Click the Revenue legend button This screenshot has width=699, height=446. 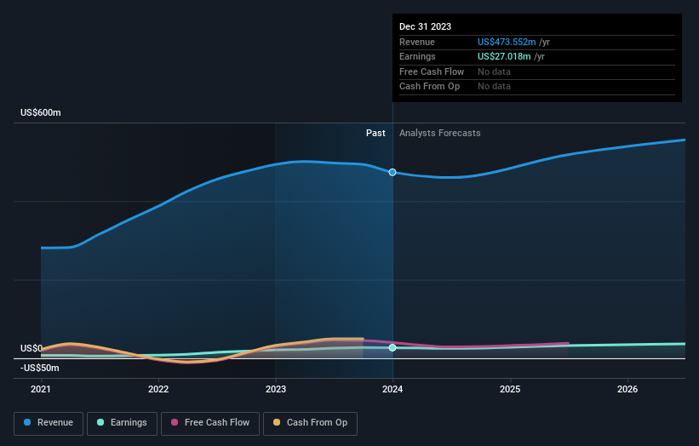click(x=49, y=423)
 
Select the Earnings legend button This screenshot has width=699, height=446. click(x=121, y=423)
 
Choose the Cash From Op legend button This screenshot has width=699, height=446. click(x=310, y=423)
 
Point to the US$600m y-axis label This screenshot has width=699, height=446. click(x=41, y=113)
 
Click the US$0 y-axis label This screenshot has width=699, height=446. click(x=32, y=349)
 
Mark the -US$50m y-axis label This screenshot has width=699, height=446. click(x=39, y=368)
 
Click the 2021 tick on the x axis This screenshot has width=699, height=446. click(x=41, y=389)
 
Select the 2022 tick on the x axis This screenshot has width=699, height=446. click(x=158, y=389)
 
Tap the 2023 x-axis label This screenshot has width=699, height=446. click(x=275, y=389)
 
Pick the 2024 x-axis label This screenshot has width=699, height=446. click(x=392, y=389)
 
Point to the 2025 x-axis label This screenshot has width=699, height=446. click(x=510, y=389)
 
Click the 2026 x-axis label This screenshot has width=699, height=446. click(x=627, y=389)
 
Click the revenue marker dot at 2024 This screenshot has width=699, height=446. click(x=392, y=172)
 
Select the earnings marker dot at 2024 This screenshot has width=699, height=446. click(x=392, y=347)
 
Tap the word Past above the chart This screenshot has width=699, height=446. click(x=375, y=134)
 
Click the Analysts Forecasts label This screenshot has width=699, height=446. click(x=439, y=134)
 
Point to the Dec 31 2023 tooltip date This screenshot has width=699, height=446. click(x=426, y=26)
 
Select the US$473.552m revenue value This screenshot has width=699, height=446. click(x=507, y=42)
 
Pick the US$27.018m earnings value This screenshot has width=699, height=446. click(x=505, y=57)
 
